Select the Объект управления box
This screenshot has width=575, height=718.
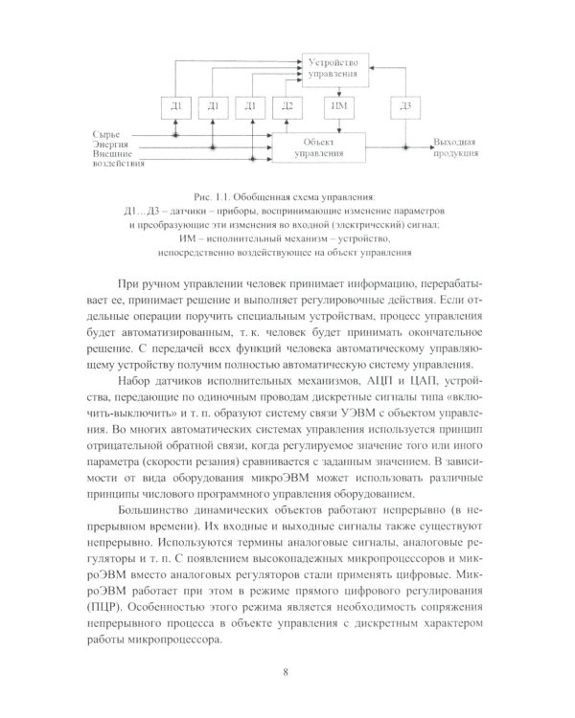[x=319, y=146]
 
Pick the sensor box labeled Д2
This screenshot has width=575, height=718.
[x=286, y=105]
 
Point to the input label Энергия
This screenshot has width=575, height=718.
[x=111, y=142]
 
